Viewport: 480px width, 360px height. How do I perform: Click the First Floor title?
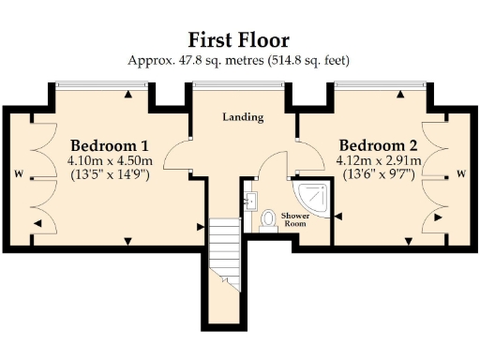click(238, 39)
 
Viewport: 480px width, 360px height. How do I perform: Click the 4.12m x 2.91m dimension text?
click(378, 160)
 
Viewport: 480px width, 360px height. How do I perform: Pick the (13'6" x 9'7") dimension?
click(378, 174)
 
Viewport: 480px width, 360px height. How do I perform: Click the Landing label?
click(242, 118)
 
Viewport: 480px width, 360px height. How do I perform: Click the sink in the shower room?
click(251, 201)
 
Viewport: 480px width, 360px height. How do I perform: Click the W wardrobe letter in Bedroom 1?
click(18, 173)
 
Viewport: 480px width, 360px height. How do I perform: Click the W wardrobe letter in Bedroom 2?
click(460, 172)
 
